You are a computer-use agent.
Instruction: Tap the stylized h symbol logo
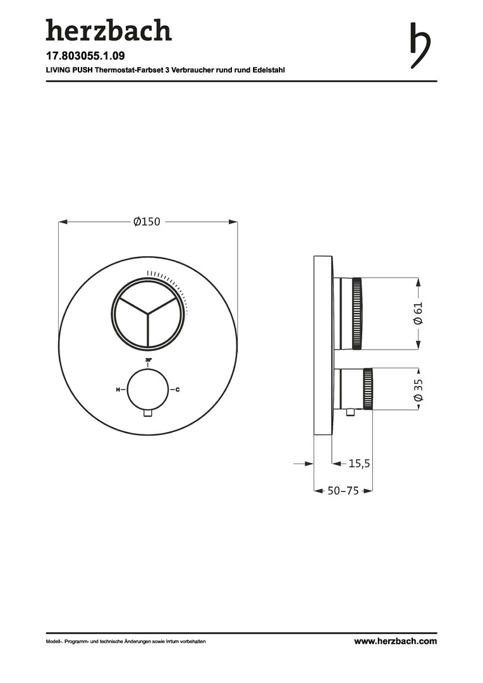420,46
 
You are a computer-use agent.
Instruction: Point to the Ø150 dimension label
147,222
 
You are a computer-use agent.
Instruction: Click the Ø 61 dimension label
418,313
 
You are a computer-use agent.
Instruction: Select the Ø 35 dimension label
418,390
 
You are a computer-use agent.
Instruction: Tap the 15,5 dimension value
359,464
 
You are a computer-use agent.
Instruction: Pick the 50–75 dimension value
343,491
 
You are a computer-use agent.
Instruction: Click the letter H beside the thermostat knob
118,390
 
